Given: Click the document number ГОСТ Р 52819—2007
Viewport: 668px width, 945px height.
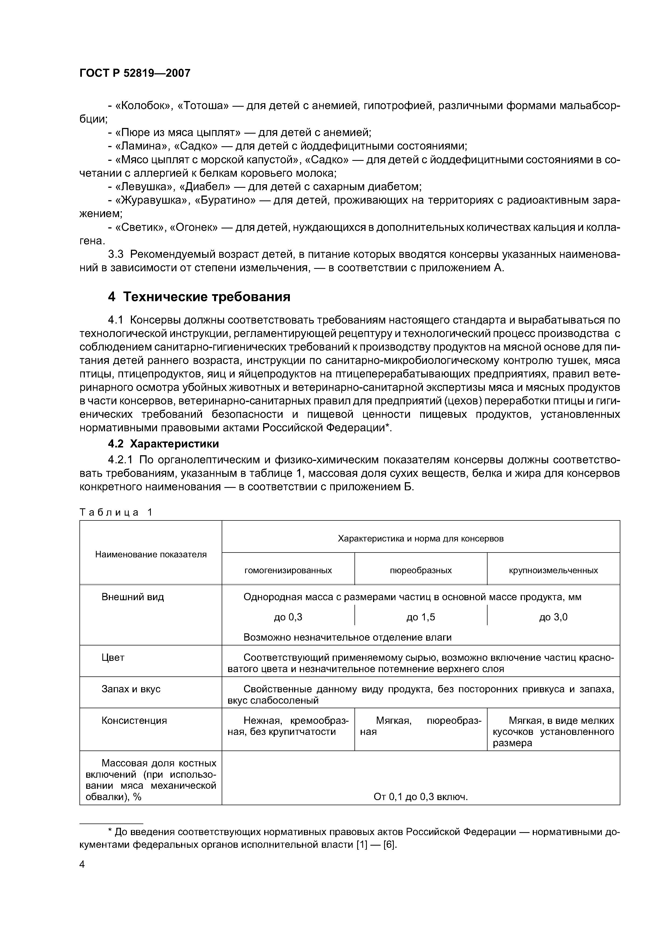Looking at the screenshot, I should tap(135, 73).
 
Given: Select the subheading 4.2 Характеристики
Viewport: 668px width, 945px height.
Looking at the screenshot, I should tap(163, 444).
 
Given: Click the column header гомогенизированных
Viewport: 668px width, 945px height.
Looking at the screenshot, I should tap(288, 571).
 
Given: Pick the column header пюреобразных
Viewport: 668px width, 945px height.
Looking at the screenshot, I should tap(421, 571).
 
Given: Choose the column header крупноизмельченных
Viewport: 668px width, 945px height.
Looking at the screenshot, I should tap(553, 571).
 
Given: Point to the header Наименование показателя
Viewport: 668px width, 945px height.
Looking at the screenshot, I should tap(151, 554).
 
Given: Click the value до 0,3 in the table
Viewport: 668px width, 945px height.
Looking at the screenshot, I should tap(288, 617).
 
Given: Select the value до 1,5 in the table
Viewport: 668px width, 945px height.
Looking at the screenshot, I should tap(421, 617).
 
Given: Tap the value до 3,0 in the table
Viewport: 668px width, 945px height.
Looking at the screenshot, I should tap(553, 617).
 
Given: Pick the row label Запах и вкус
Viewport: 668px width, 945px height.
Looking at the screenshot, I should tap(131, 689).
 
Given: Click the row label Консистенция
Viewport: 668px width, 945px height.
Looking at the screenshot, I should tap(134, 721).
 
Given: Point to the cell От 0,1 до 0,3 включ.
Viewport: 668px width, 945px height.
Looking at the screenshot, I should tap(421, 797).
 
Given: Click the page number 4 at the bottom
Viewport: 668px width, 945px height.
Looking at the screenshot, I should tap(82, 864).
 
